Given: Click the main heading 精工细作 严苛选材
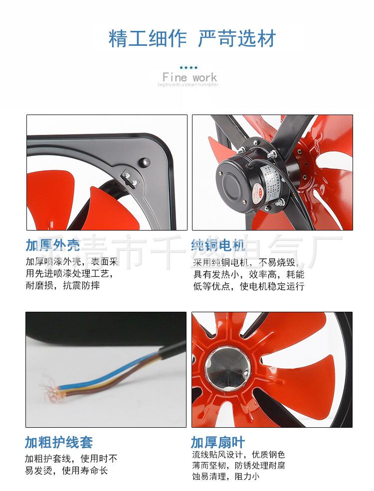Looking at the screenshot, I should coord(192,38).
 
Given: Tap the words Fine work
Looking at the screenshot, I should coord(189,77).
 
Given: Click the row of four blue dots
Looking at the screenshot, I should coord(188,67).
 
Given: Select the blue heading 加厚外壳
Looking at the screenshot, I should coord(52,246).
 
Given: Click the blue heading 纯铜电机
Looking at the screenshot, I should coord(218,246).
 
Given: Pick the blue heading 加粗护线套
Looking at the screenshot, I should coord(59,442).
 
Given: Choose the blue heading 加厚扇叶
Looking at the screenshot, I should coord(218,442).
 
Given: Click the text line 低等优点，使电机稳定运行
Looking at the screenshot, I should coord(248,286).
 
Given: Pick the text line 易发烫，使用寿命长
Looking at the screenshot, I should coord(66,471).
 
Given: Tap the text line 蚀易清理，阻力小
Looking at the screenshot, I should coord(226,477).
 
